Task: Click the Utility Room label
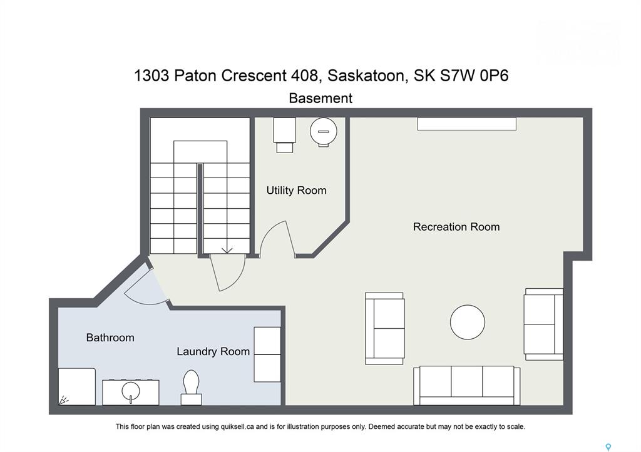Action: click(x=296, y=190)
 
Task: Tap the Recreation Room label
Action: click(x=456, y=226)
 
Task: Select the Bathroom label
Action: click(x=110, y=338)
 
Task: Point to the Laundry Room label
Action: click(x=213, y=351)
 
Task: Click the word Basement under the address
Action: click(x=320, y=98)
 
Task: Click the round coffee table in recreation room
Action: click(x=467, y=322)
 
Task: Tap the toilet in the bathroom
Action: click(x=191, y=388)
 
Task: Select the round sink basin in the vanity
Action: click(x=131, y=393)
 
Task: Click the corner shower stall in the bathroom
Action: click(x=77, y=387)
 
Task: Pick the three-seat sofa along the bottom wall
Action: click(x=466, y=386)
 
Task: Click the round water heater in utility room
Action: click(x=324, y=131)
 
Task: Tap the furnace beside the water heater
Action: click(x=285, y=135)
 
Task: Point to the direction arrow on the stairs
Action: click(x=227, y=250)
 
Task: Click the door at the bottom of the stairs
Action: click(x=227, y=272)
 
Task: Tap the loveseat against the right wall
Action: click(x=544, y=324)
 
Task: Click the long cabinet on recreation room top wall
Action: click(x=466, y=124)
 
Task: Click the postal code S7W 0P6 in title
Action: click(x=474, y=76)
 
